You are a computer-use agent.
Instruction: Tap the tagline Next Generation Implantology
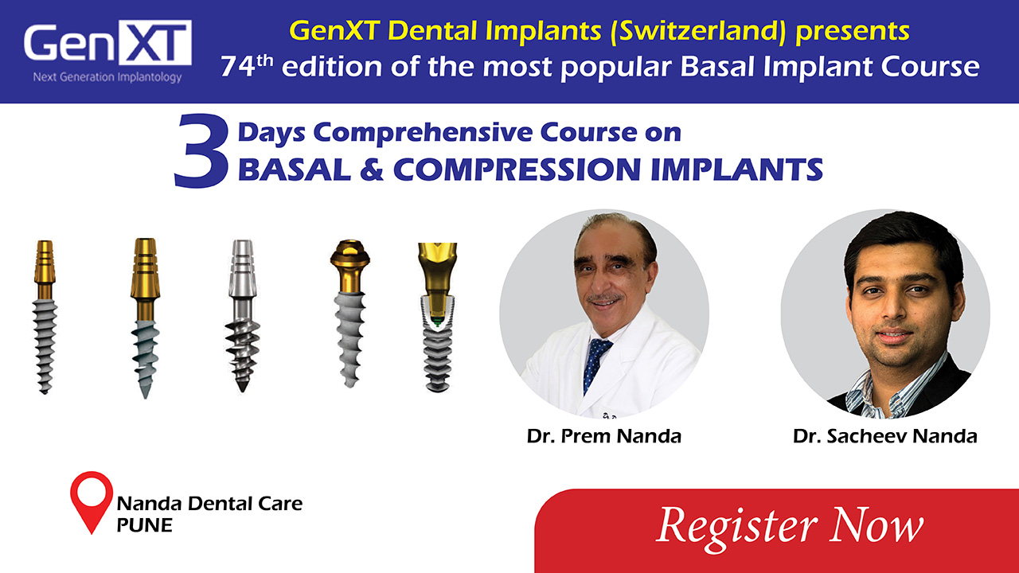pos(107,77)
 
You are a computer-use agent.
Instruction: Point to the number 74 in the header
pos(236,67)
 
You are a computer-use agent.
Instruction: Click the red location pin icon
pos(92,500)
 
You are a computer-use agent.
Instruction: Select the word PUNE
pos(144,525)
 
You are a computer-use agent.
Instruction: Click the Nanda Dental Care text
pos(209,503)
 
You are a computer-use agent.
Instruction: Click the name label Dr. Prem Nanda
pos(604,436)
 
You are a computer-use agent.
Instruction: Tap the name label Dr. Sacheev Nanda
pos(884,436)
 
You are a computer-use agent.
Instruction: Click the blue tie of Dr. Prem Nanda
pos(595,362)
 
